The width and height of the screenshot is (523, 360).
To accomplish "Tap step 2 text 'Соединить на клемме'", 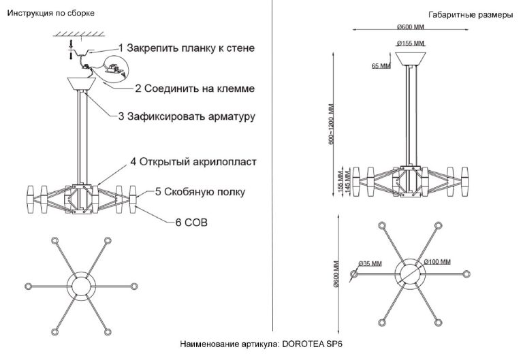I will coord(195,88).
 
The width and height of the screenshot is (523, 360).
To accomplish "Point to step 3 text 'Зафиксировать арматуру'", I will coord(186,117).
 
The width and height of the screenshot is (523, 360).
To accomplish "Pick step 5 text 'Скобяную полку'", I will coord(200,192).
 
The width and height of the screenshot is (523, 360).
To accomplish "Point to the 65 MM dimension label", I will coord(381,66).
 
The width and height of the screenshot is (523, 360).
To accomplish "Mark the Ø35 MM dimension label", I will coord(370,263).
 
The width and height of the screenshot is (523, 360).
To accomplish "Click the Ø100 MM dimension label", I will coord(437,261).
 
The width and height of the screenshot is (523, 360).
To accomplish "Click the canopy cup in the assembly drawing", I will coord(83,86).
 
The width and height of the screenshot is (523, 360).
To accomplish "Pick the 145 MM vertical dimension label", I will coord(349,183).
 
